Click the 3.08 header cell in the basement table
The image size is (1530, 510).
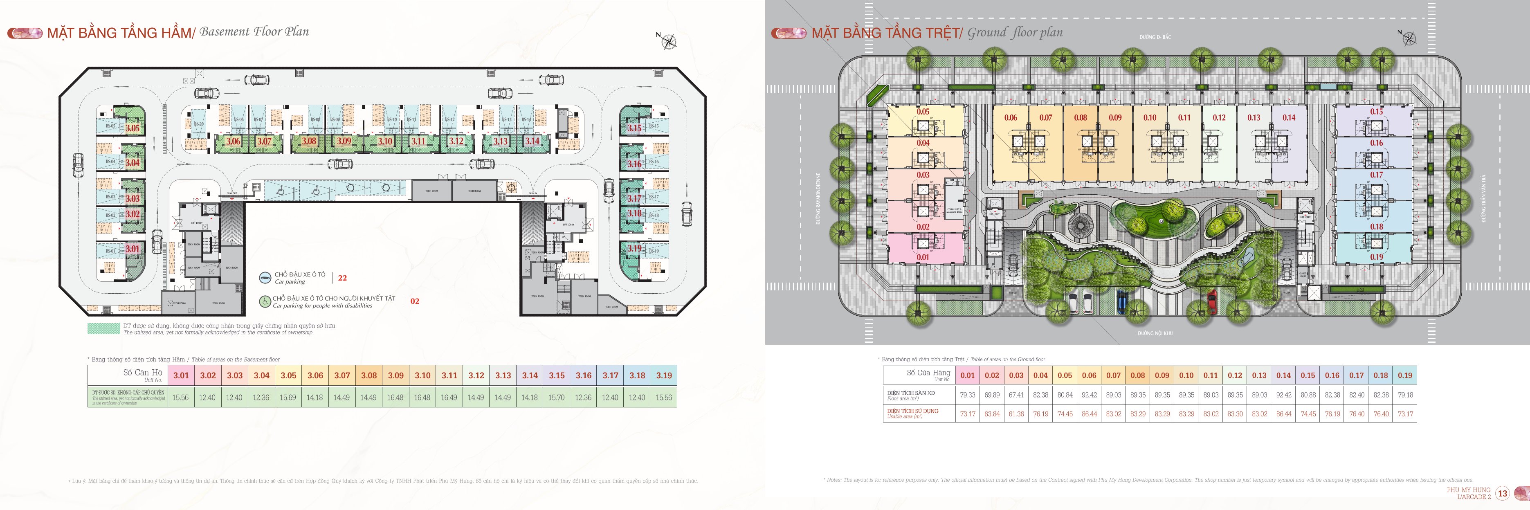(x=368, y=375)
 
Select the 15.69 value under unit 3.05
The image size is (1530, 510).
(x=288, y=397)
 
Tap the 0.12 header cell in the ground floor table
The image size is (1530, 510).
(x=1235, y=375)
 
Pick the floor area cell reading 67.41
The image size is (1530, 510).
(x=1016, y=395)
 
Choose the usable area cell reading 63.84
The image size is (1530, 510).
(x=992, y=414)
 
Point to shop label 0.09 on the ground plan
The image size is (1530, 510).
(x=1115, y=117)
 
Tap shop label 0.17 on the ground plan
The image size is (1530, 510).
(x=1376, y=175)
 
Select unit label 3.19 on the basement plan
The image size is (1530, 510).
(x=634, y=248)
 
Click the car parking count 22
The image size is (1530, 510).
(x=342, y=278)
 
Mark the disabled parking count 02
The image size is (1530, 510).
(x=415, y=301)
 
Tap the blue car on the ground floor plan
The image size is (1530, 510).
(x=1121, y=301)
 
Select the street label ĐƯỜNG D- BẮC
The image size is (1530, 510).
(x=1155, y=37)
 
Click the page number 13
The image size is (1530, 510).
(x=1503, y=493)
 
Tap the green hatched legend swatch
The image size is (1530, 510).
(x=103, y=328)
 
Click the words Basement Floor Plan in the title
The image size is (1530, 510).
(x=254, y=31)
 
